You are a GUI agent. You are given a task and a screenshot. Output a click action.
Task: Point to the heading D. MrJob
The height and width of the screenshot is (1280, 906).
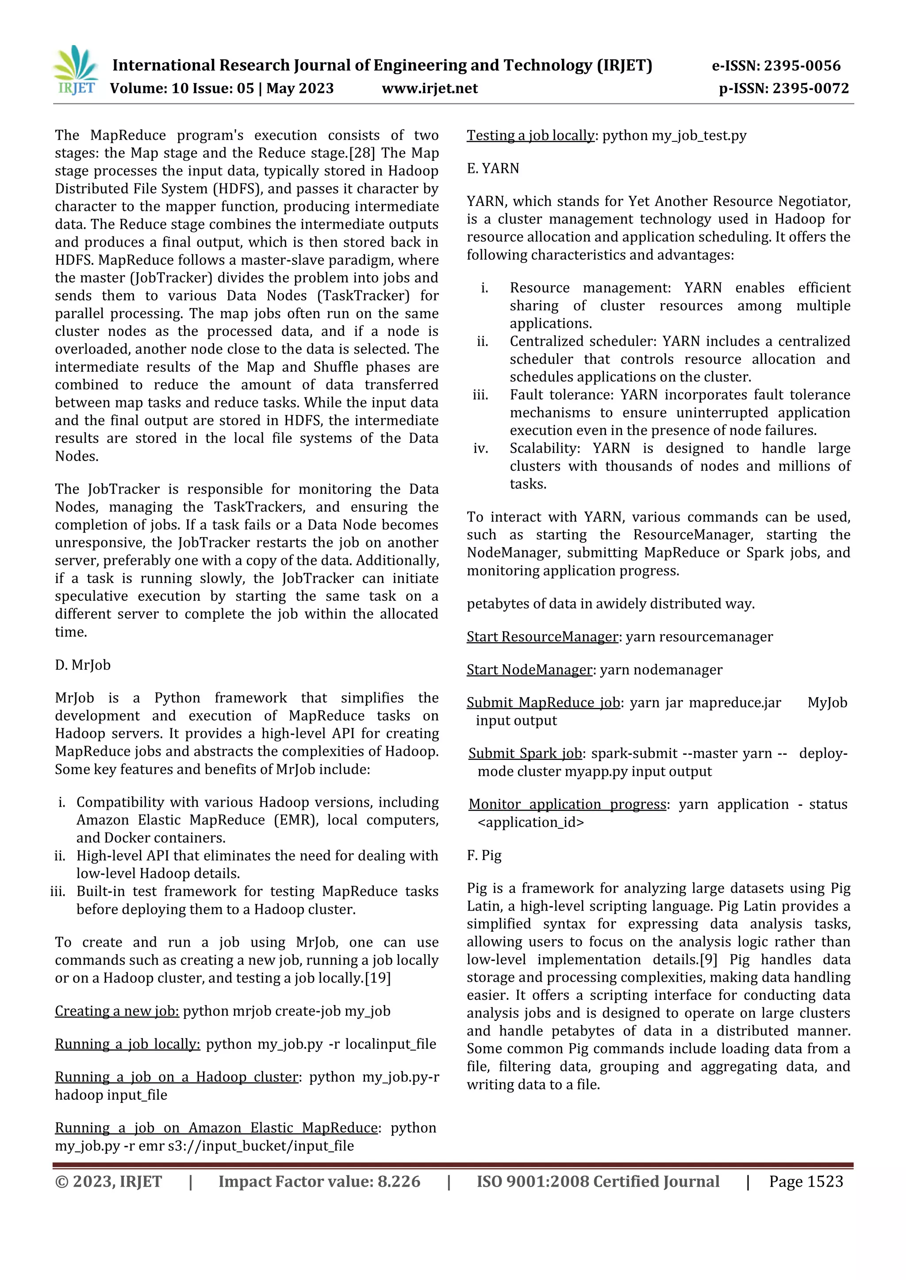pyautogui.click(x=83, y=665)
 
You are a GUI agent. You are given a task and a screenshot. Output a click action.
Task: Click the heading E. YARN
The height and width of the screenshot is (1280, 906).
pyautogui.click(x=493, y=168)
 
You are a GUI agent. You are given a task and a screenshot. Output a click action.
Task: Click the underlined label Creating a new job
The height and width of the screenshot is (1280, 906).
pyautogui.click(x=117, y=1011)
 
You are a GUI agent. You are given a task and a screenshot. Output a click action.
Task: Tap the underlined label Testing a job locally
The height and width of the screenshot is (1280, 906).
pyautogui.click(x=530, y=136)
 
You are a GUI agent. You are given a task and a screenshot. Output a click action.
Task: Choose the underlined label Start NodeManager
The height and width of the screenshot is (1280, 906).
pyautogui.click(x=529, y=670)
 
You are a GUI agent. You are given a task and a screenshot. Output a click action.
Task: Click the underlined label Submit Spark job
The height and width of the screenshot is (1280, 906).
pyautogui.click(x=526, y=753)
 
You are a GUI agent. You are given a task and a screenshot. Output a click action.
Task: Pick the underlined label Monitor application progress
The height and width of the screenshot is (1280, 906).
pyautogui.click(x=568, y=804)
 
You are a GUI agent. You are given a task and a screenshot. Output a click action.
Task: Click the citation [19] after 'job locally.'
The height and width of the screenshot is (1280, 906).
pyautogui.click(x=378, y=978)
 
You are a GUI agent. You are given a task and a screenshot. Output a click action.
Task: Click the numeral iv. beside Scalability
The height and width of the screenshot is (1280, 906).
pyautogui.click(x=480, y=448)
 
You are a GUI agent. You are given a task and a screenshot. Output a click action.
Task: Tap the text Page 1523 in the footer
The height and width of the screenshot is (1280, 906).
pyautogui.click(x=806, y=1181)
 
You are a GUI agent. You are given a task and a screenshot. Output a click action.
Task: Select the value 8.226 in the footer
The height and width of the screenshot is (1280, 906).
pyautogui.click(x=399, y=1181)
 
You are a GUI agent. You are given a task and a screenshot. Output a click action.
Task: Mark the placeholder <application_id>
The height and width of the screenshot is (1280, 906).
pyautogui.click(x=530, y=822)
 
